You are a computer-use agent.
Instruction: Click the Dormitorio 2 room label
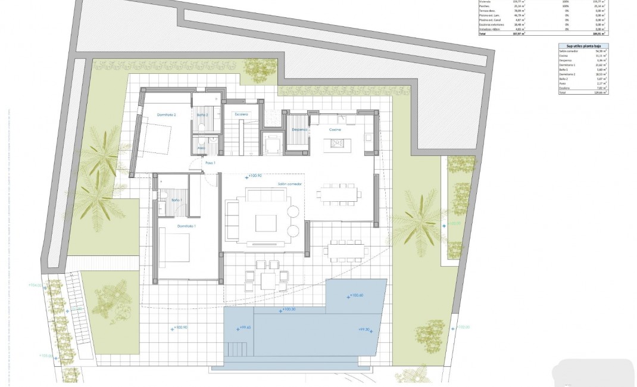[x=166, y=114]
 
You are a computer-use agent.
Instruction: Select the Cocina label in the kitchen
[x=335, y=129]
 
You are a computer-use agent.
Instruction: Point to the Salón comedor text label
[x=290, y=185]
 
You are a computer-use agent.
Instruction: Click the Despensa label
[x=299, y=129]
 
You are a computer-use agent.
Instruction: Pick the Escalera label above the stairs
[x=240, y=114]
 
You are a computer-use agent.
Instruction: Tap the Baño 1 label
[x=176, y=200]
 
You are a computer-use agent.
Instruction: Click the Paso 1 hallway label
[x=210, y=163]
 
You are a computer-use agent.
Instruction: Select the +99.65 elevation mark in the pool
[x=244, y=327]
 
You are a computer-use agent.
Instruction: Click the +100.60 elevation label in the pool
[x=356, y=295]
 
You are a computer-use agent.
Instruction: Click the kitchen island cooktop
[x=338, y=142]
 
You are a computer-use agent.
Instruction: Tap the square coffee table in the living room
[x=266, y=223]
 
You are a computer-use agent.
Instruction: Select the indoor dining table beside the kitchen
[x=338, y=193]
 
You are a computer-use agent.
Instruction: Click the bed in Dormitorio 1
[x=174, y=248]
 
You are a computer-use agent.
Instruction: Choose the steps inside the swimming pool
[x=236, y=348]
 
